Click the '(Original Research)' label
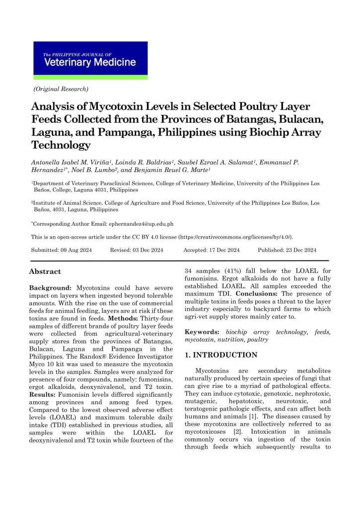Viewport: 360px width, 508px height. pos(61,89)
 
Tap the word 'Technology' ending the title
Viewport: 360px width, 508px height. pos(61,145)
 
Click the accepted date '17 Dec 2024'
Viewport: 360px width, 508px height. pos(222,250)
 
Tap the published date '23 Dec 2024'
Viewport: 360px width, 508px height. pos(298,250)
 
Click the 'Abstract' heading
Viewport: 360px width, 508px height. pos(45,271)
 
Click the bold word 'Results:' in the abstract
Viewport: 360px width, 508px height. pos(43,367)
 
